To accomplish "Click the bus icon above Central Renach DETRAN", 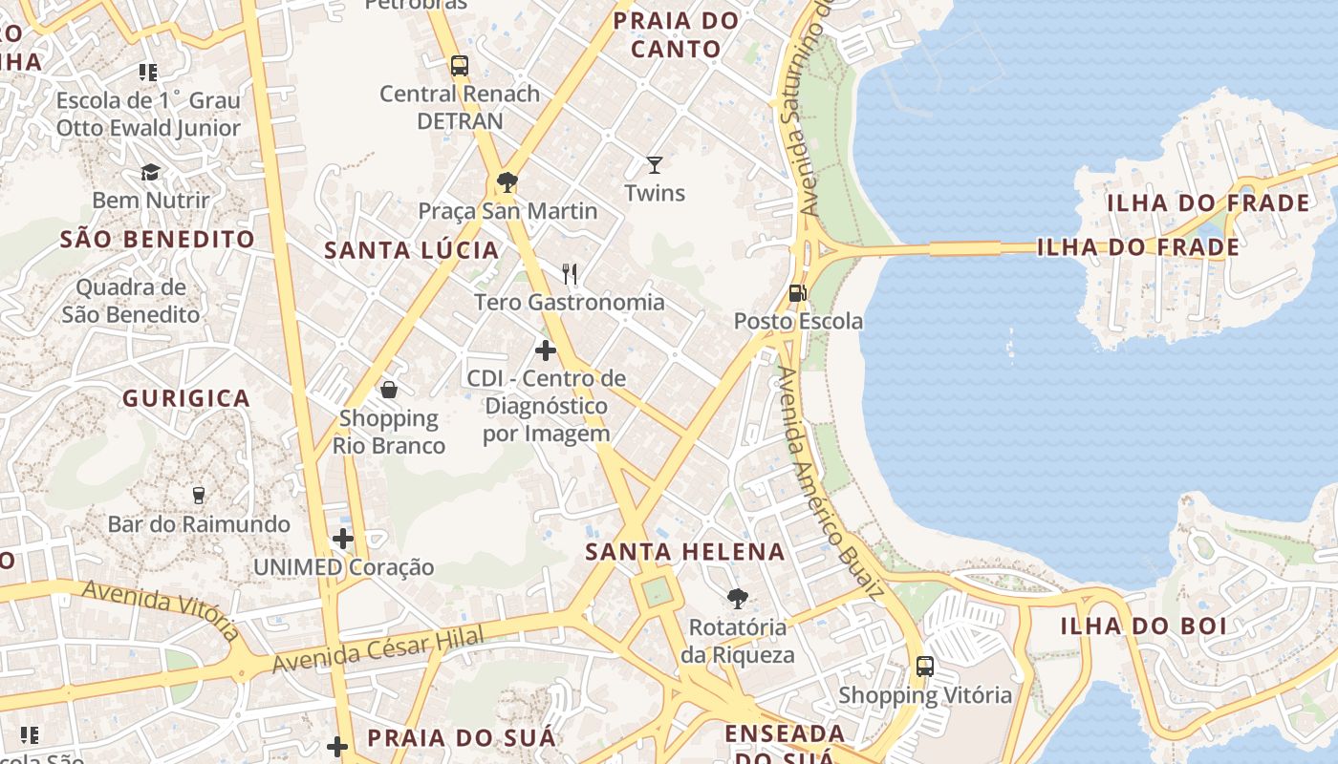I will pyautogui.click(x=460, y=66).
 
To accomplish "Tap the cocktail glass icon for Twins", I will pyautogui.click(x=655, y=165).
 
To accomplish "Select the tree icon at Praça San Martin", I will pyautogui.click(x=507, y=182).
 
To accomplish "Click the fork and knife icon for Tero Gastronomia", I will pyautogui.click(x=571, y=274).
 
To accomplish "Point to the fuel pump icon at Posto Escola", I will pyautogui.click(x=797, y=293).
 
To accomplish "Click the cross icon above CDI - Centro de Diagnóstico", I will pyautogui.click(x=546, y=350).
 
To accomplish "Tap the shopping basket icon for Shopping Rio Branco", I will pyautogui.click(x=389, y=390).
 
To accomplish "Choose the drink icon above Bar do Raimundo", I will pyautogui.click(x=199, y=495).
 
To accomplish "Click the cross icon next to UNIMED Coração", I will pyautogui.click(x=343, y=539).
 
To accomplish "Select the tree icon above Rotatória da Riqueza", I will pyautogui.click(x=737, y=599).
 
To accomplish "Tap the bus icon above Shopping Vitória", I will pyautogui.click(x=924, y=667).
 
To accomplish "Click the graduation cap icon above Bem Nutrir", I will pyautogui.click(x=151, y=172).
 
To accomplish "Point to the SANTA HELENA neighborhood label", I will pyautogui.click(x=685, y=552).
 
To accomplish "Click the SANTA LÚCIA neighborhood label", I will pyautogui.click(x=411, y=251).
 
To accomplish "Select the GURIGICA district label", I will pyautogui.click(x=186, y=398).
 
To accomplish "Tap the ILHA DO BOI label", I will pyautogui.click(x=1143, y=626).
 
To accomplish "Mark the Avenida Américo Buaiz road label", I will pyautogui.click(x=829, y=482).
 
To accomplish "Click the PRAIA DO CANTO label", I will pyautogui.click(x=676, y=34).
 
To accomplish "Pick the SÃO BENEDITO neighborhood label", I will pyautogui.click(x=158, y=240).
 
